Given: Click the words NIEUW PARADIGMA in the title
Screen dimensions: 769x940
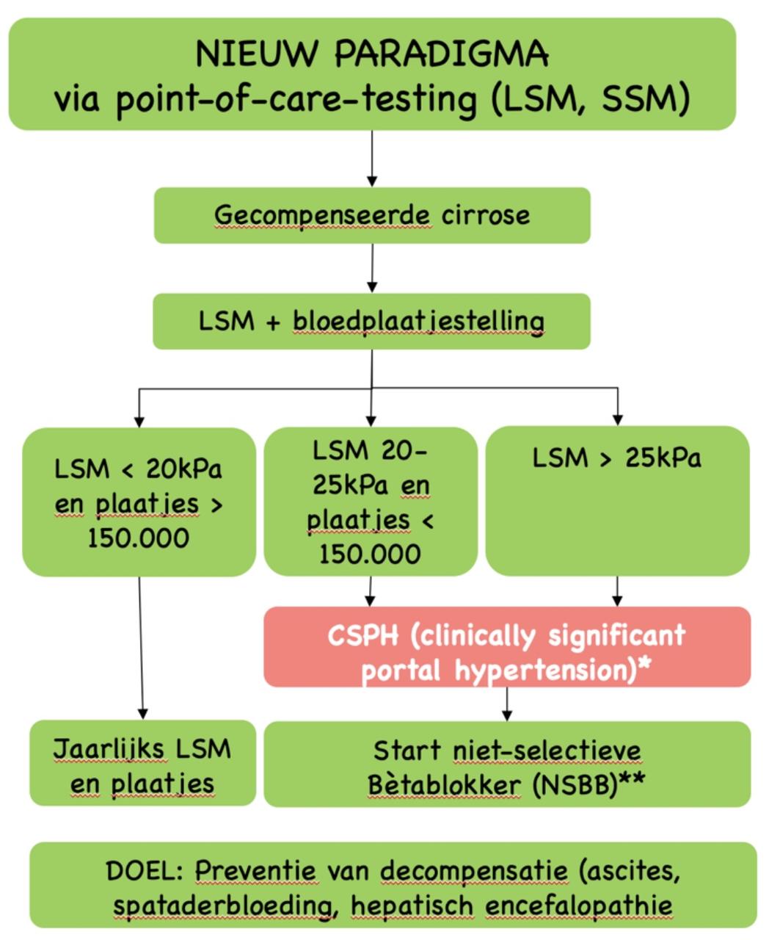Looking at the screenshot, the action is pos(372,54).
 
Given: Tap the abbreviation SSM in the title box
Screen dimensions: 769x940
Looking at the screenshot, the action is pos(641,98).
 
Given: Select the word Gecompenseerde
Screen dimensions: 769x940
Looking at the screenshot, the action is pos(322,217).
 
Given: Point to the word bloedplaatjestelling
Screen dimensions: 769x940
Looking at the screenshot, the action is pos(418,322).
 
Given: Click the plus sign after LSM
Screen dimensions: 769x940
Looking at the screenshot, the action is pos(273,322).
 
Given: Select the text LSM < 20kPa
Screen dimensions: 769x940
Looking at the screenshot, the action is pos(138,469).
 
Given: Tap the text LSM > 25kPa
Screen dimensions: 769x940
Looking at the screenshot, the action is pos(616,458).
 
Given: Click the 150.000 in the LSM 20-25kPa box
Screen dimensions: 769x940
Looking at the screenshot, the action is pos(370,554).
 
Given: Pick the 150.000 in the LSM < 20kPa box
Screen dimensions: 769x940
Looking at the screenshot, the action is pos(139,538).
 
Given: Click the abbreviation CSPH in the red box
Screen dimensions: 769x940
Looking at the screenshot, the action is pos(363,635).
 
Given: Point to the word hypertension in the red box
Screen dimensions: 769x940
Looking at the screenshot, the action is pos(545,671).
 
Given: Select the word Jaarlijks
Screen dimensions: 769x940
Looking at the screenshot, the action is pos(110,748).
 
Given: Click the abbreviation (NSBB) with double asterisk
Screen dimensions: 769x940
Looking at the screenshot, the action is pos(588,785).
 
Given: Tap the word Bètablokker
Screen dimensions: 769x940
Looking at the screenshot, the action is pos(444,785).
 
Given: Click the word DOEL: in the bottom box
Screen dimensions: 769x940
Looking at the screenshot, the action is pos(145,871).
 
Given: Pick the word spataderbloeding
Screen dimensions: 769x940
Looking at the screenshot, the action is pos(225,906).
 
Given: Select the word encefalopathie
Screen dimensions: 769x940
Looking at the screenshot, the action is pos(579,906).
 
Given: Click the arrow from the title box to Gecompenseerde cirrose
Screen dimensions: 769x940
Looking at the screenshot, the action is pos(372,158).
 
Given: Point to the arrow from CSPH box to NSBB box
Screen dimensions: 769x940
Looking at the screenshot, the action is pos(507,704).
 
